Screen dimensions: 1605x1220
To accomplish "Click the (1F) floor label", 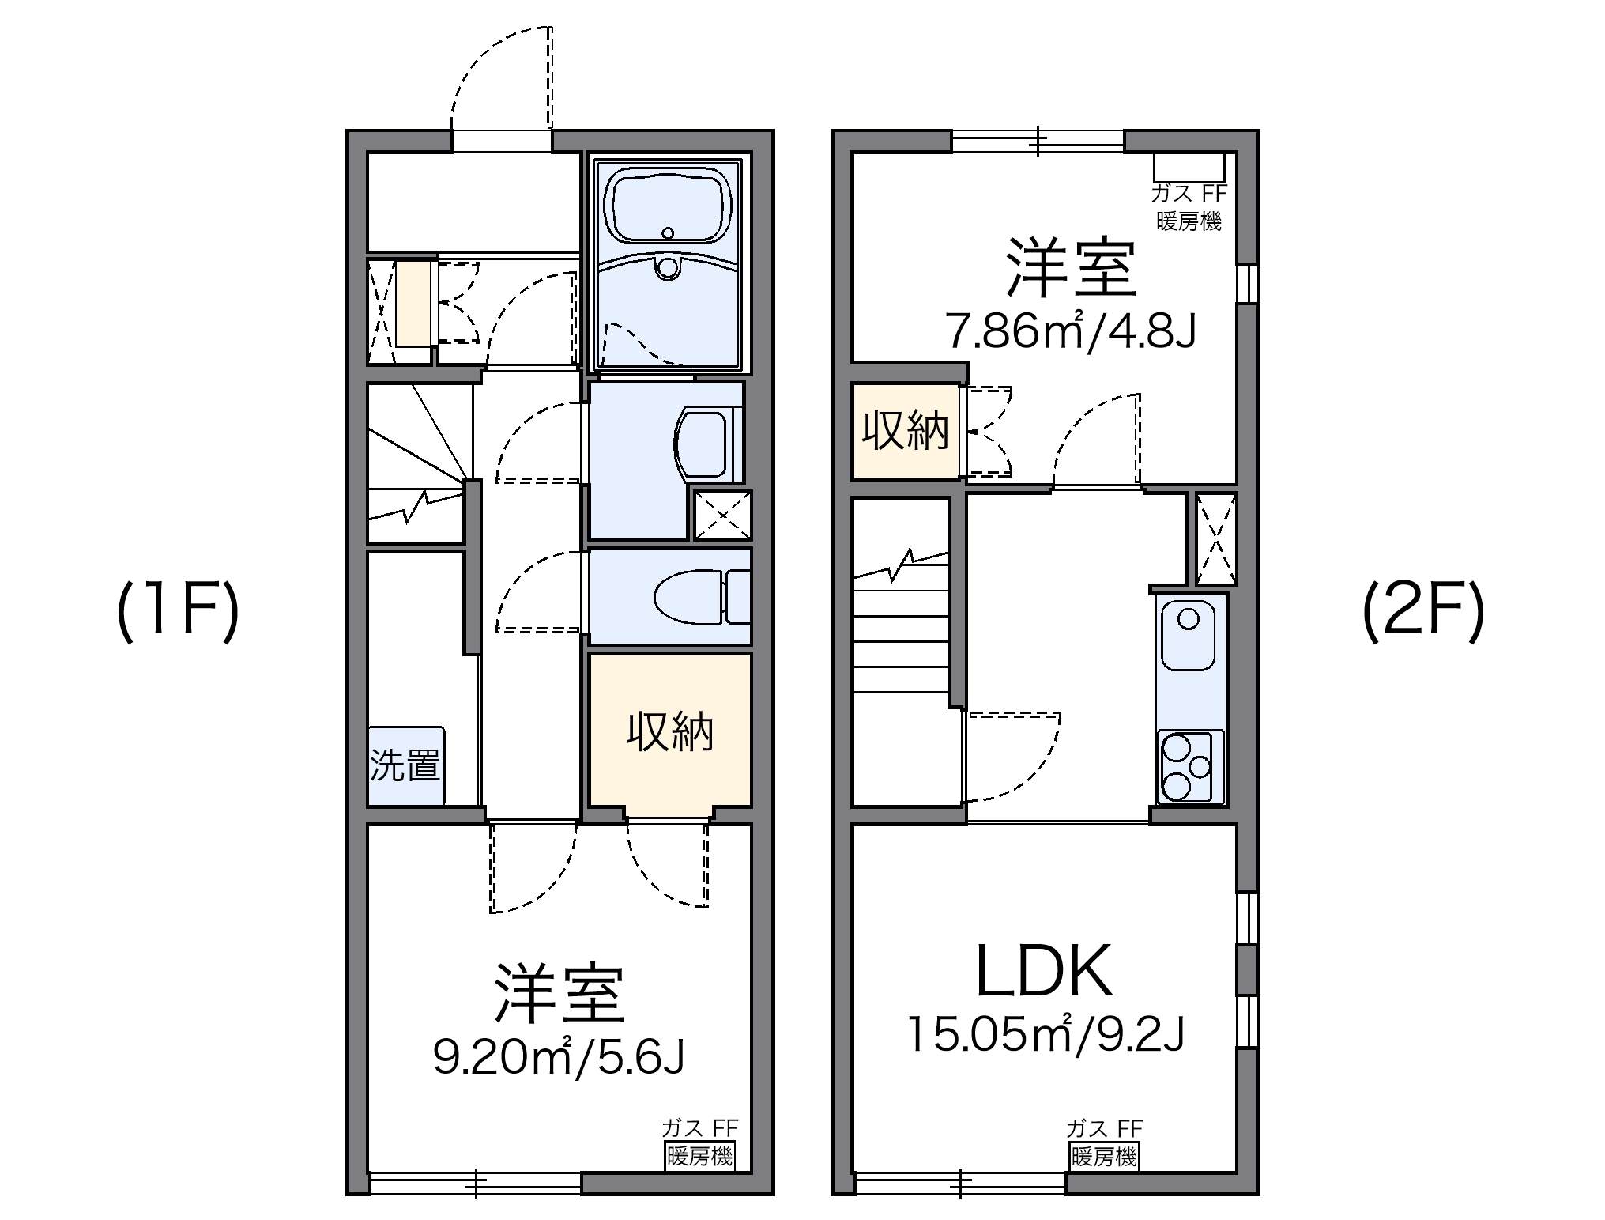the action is (x=178, y=613).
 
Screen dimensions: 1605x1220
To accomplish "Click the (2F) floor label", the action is (x=1423, y=613).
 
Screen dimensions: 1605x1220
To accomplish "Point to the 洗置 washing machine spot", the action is (x=406, y=765).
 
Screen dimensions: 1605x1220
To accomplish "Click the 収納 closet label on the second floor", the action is (x=905, y=432).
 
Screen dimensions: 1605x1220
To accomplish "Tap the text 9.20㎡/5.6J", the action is (x=559, y=1058).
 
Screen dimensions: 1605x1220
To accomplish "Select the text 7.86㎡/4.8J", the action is (x=1071, y=331).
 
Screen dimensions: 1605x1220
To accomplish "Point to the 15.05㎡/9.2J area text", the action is (x=1046, y=1034).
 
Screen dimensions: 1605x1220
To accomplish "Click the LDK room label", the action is (x=1045, y=971).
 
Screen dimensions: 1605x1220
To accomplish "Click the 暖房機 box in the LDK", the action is (x=1104, y=1157).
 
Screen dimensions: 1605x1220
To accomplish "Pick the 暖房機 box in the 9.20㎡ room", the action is (x=699, y=1157).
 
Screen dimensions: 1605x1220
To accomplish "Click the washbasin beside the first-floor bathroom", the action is (x=708, y=444).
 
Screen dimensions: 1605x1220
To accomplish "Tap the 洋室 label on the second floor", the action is (x=1071, y=269).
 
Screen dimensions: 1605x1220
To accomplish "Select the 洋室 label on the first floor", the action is (x=559, y=994).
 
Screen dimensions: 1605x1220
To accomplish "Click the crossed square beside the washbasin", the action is (x=722, y=516).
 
